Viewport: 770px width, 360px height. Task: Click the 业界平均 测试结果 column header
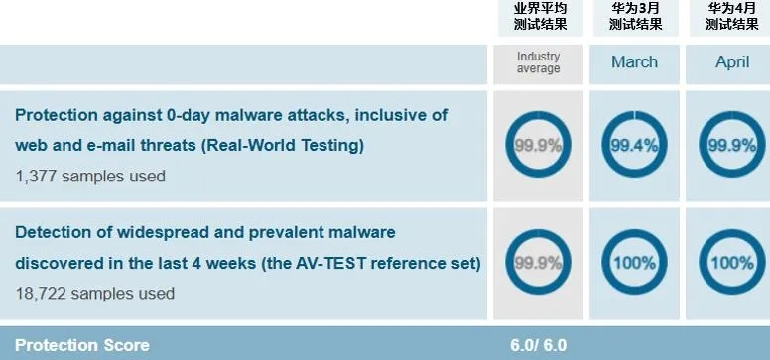[539, 16]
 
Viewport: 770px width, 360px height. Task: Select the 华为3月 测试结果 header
[635, 16]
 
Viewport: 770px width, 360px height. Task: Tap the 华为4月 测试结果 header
[732, 16]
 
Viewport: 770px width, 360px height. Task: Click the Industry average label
[539, 62]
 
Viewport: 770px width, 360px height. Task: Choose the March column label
[634, 62]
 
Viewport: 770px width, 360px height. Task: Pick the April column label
[732, 62]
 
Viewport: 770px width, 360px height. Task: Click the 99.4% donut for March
[634, 145]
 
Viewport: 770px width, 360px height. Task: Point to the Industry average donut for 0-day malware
[538, 145]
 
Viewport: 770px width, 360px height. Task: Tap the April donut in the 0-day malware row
[732, 145]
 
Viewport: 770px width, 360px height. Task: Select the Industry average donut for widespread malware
[538, 263]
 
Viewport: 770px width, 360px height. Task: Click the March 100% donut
[634, 263]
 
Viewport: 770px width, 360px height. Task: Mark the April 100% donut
[732, 263]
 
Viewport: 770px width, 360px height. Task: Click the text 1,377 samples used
[90, 176]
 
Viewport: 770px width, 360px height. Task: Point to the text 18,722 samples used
[95, 294]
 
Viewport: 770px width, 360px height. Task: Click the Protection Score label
[82, 345]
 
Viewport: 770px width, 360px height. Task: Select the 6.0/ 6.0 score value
[538, 345]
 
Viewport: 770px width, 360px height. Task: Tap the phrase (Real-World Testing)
[283, 145]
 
